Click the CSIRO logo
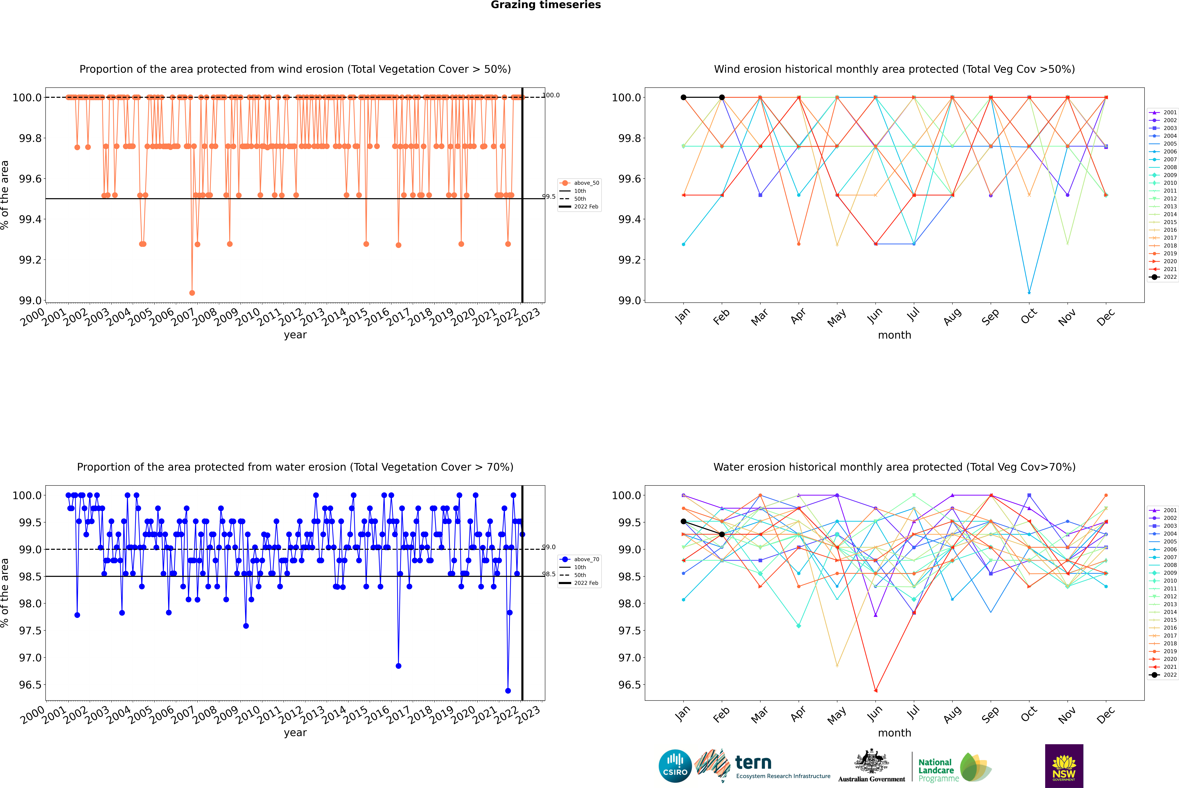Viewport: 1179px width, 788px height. tap(675, 766)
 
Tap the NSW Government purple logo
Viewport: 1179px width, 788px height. tap(1064, 766)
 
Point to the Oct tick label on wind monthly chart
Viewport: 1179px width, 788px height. tap(1028, 317)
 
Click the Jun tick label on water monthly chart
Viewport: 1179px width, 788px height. tap(874, 714)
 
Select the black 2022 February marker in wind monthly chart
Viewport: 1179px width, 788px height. tap(722, 98)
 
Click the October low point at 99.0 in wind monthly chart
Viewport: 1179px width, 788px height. tap(1029, 292)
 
